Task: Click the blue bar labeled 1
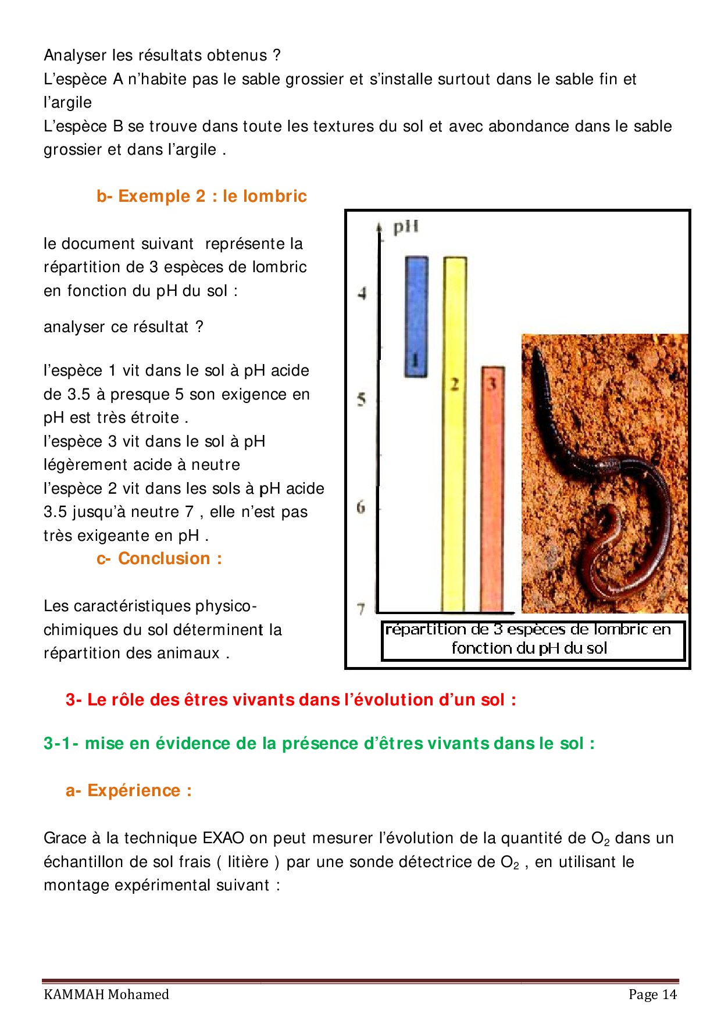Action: (416, 317)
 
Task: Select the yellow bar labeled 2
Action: (455, 433)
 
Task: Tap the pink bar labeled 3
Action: (492, 488)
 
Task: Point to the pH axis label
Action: (405, 227)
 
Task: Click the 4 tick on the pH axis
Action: (362, 293)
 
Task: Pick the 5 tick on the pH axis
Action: (362, 400)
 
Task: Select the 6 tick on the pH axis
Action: (361, 507)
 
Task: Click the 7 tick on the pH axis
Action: (361, 609)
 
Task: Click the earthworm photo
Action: (605, 473)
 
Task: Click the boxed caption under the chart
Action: (533, 640)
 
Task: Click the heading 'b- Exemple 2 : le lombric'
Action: (201, 197)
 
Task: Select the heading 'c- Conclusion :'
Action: (159, 559)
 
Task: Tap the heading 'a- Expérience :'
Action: (129, 791)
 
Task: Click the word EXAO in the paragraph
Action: (223, 839)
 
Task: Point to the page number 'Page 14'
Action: (652, 994)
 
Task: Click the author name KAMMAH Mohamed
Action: (106, 994)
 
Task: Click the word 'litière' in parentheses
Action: (248, 862)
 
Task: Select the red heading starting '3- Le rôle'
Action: (291, 700)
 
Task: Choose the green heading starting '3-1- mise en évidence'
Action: (319, 744)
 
